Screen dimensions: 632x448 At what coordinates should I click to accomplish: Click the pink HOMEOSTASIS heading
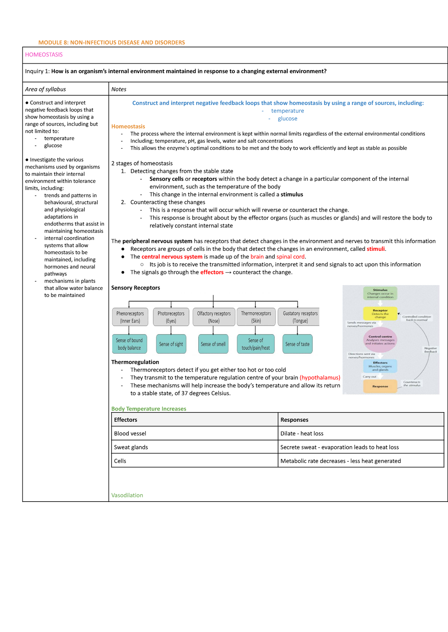(44, 55)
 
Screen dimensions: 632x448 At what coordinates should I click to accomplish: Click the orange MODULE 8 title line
(112, 42)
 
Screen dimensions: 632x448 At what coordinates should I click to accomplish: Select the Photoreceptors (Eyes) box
(171, 317)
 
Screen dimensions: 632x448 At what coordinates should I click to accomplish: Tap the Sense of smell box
(213, 344)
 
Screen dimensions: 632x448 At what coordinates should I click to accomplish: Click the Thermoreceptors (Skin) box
(256, 317)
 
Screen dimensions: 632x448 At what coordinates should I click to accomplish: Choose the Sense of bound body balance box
(129, 344)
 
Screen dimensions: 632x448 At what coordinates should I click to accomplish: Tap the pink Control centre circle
(380, 340)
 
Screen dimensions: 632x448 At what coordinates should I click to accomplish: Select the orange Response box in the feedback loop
(380, 386)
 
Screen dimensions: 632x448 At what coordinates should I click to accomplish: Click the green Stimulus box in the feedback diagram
(380, 293)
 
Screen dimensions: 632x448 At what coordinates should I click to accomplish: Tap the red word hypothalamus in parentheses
(320, 377)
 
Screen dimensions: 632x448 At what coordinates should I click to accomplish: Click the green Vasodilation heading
(127, 495)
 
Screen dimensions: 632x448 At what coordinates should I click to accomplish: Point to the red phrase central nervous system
(172, 257)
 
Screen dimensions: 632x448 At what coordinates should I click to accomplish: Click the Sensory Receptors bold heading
(136, 288)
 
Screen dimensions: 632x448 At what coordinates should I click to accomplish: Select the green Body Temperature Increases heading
(149, 409)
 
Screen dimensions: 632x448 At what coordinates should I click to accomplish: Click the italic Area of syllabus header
(46, 89)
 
